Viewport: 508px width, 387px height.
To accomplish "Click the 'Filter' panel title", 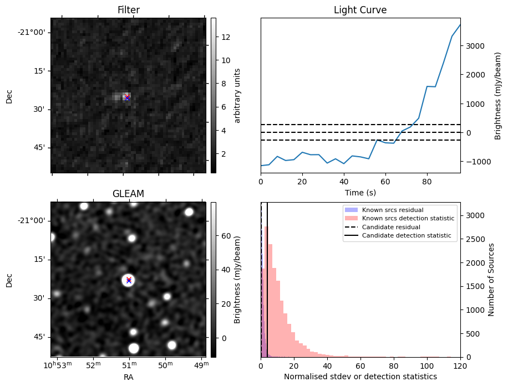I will pos(128,10).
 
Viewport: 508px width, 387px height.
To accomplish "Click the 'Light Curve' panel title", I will pos(360,10).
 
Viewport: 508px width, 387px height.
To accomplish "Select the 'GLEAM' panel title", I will pos(128,194).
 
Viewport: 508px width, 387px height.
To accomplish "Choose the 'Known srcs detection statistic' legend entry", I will pos(408,218).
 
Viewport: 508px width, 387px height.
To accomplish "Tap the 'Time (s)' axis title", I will pos(360,192).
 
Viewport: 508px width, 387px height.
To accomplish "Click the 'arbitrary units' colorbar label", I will pos(237,95).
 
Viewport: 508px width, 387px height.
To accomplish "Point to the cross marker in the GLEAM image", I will pos(129,280).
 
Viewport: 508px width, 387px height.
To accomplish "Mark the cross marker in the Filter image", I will pos(127,97).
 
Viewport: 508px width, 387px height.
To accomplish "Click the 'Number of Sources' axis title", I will pos(491,279).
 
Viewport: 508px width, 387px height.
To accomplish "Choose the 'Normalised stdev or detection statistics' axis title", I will pos(360,376).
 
